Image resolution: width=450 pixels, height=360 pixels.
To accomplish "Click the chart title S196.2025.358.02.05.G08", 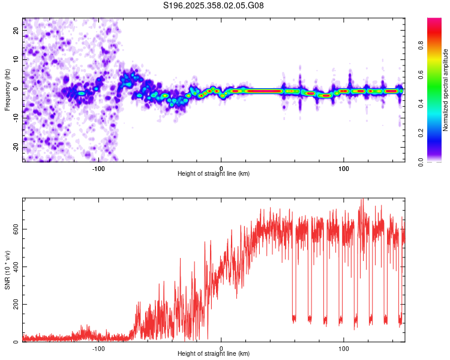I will point(214,5).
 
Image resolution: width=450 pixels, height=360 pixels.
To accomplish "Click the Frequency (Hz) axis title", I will point(7,89).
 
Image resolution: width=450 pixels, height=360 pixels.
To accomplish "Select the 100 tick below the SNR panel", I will point(344,348).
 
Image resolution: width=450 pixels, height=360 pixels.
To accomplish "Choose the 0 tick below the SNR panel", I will point(221,348).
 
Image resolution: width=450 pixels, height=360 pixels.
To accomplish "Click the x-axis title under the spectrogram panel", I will point(214,173).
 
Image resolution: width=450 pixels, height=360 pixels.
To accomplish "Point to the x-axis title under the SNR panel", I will point(214,354).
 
